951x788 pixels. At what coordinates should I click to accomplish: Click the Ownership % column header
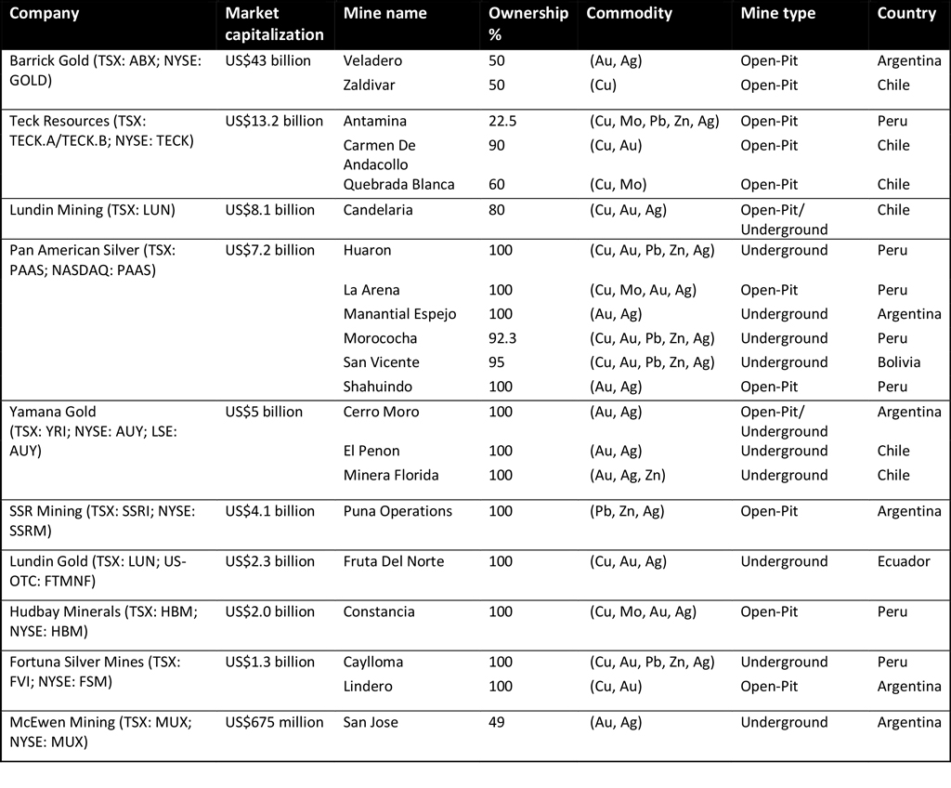528,23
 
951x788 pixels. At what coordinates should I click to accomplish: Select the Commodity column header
629,14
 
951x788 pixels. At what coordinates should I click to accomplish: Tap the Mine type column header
777,14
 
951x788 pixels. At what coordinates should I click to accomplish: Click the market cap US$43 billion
268,61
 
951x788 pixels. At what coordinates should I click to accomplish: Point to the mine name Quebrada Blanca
398,185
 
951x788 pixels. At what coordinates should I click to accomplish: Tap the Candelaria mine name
379,211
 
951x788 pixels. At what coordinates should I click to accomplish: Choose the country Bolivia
899,363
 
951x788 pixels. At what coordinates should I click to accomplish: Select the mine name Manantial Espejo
399,315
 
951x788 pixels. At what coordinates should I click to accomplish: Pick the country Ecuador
904,562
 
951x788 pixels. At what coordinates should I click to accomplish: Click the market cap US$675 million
275,723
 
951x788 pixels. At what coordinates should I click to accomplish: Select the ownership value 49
497,723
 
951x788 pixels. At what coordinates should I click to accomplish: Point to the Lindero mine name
368,687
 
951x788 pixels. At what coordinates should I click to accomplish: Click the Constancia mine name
379,612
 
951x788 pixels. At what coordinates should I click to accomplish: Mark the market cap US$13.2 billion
274,122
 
